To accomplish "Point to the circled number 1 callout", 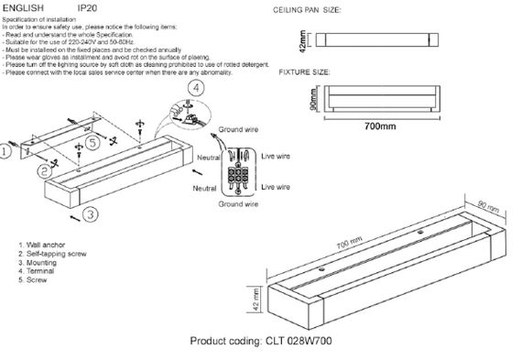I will coord(6,155).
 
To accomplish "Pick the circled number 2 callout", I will coord(43,170).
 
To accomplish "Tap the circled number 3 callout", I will coord(88,214).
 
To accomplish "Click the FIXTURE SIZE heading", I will coord(305,71).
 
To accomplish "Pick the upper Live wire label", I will coord(277,157).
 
